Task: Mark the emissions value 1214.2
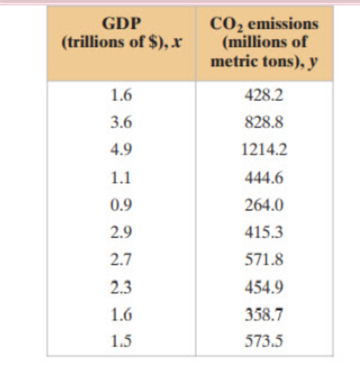[x=264, y=151]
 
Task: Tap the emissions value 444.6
[x=264, y=178]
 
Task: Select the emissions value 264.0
[x=264, y=206]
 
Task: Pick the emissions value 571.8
[x=264, y=260]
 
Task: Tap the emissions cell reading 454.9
[x=264, y=287]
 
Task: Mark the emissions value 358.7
[x=264, y=315]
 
